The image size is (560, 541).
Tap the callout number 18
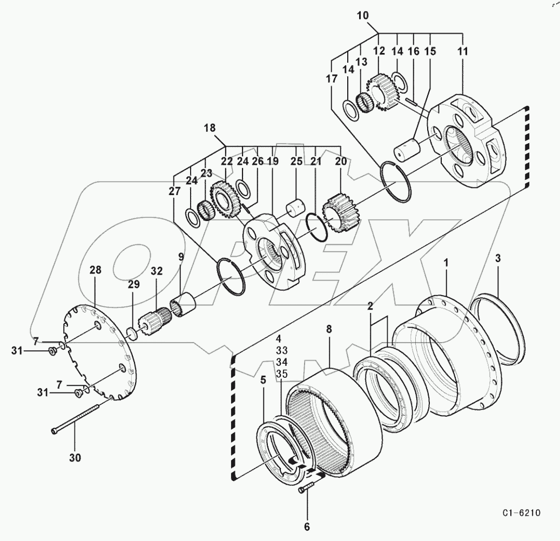coord(210,128)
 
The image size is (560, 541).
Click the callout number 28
coord(96,270)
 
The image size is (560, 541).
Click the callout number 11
coord(463,52)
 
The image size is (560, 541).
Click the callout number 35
coord(281,373)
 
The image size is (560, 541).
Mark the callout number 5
coord(262,380)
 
